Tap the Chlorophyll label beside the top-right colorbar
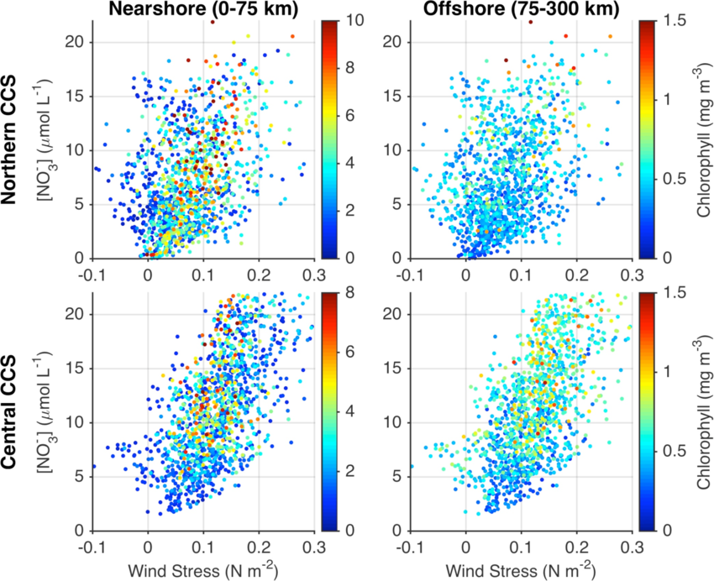[704, 139]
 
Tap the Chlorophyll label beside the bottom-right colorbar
[704, 411]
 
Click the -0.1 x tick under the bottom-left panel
[92, 547]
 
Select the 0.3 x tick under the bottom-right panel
[631, 547]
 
